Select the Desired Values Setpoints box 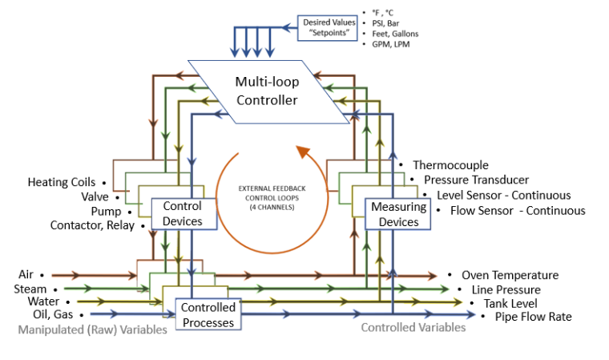[329, 28]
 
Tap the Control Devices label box [182, 212]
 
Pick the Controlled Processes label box [208, 314]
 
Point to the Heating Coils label [62, 183]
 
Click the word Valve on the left [95, 197]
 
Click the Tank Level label [510, 303]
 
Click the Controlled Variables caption [413, 328]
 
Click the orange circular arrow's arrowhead [303, 151]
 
